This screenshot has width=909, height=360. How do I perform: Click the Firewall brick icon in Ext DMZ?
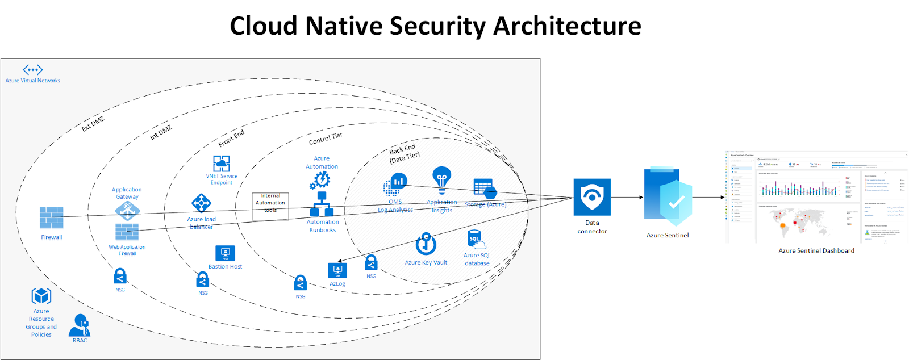point(52,218)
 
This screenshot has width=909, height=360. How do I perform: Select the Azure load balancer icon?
point(201,203)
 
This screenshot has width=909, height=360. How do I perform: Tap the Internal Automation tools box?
point(270,206)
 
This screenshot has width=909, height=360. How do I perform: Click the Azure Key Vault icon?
point(426,244)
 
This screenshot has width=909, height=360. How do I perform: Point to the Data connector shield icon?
point(592,197)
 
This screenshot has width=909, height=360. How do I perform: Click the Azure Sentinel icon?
point(668,196)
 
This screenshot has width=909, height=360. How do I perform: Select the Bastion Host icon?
point(225,253)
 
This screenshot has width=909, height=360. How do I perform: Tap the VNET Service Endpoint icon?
point(222,164)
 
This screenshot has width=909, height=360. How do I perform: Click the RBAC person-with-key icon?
point(80,325)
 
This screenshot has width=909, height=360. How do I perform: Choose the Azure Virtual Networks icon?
point(32,70)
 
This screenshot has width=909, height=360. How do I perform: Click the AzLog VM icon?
point(337,270)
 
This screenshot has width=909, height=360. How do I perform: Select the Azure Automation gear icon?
point(320,180)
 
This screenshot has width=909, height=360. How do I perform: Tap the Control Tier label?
point(326,138)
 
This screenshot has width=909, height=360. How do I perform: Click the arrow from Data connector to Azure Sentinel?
point(627,198)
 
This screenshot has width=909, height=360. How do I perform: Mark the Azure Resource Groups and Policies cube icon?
point(41,296)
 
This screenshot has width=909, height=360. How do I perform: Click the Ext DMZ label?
point(93,124)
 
